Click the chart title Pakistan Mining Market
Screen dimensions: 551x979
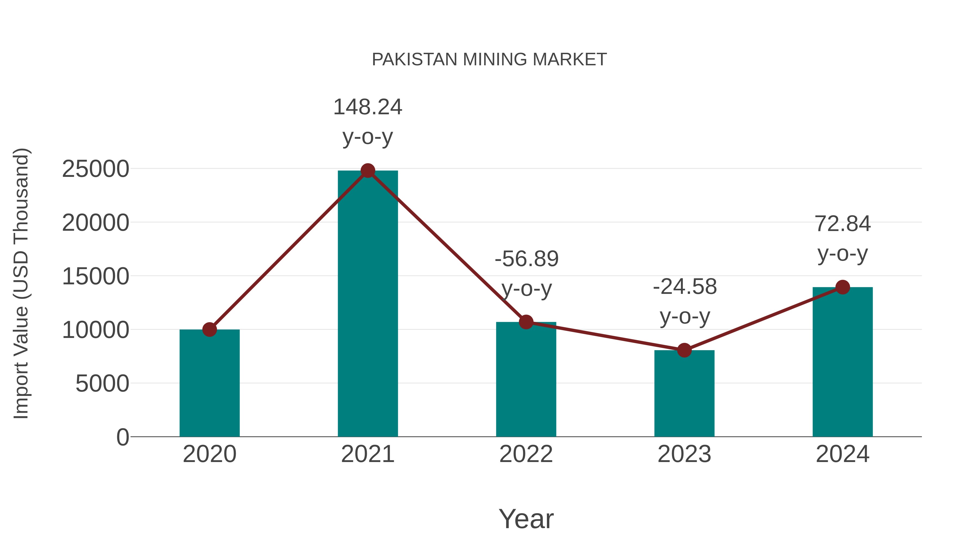pos(489,60)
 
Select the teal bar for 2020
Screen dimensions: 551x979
pos(209,384)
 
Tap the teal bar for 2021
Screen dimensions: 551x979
pos(367,304)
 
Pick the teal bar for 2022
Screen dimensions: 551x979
pos(526,380)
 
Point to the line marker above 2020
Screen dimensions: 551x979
pos(209,329)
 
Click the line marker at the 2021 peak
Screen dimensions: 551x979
pos(367,171)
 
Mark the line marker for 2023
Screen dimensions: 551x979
pos(684,350)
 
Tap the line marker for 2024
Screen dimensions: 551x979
pos(842,287)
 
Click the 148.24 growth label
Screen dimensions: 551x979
pos(367,107)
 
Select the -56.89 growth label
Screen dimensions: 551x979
pos(526,259)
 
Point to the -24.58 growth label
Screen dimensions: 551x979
pos(685,287)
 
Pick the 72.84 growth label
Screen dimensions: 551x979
pos(842,224)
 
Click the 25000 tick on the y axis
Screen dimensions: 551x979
pos(95,169)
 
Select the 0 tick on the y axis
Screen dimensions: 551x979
pos(122,437)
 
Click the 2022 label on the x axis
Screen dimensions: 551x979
pos(526,454)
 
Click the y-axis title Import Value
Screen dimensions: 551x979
pos(21,283)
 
